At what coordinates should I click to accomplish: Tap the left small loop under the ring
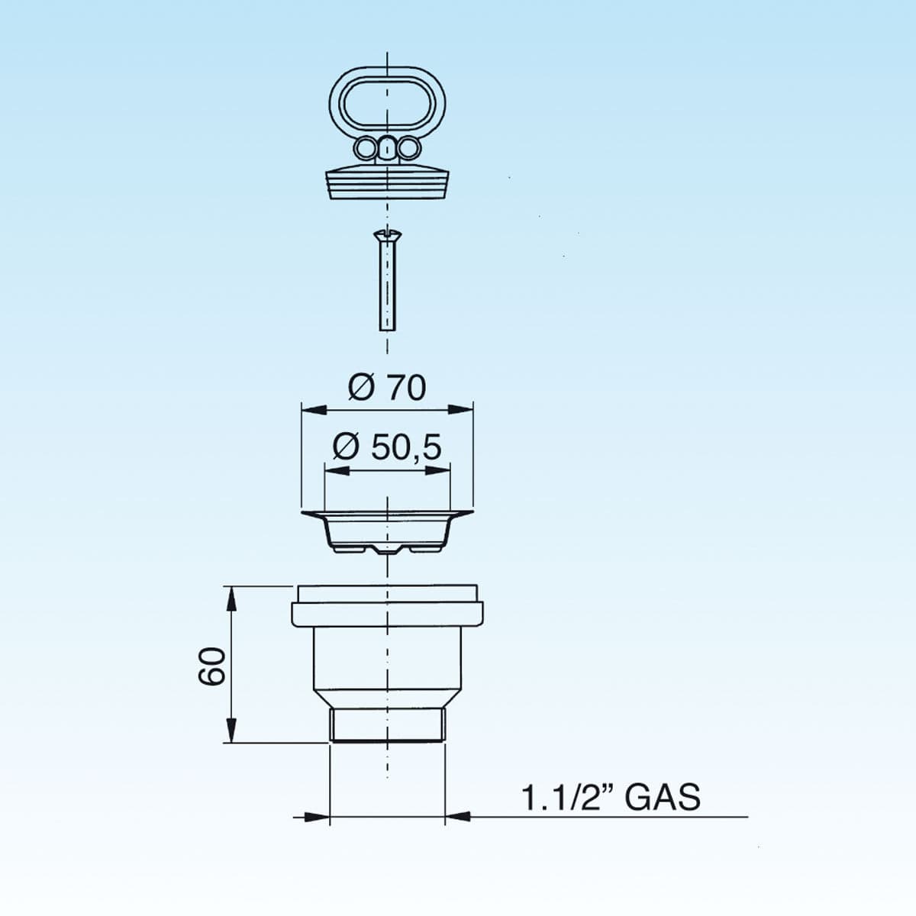(x=366, y=147)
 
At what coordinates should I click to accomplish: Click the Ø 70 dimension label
(x=387, y=388)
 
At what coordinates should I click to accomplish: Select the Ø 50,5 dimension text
(x=387, y=447)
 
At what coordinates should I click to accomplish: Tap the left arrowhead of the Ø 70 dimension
(x=314, y=410)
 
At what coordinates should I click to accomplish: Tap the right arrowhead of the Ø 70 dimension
(x=460, y=410)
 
